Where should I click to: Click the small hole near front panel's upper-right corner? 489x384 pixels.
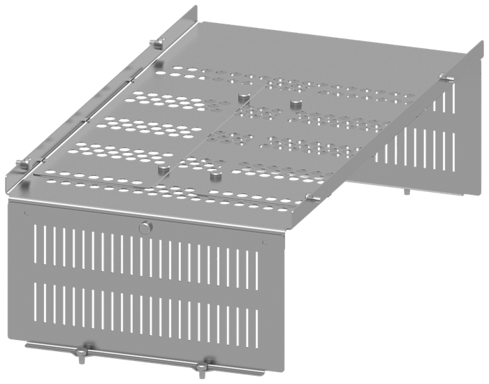(263, 242)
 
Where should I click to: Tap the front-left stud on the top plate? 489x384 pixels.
(161, 170)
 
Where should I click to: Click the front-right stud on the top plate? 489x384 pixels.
(214, 177)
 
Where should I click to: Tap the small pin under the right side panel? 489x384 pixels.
(406, 189)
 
